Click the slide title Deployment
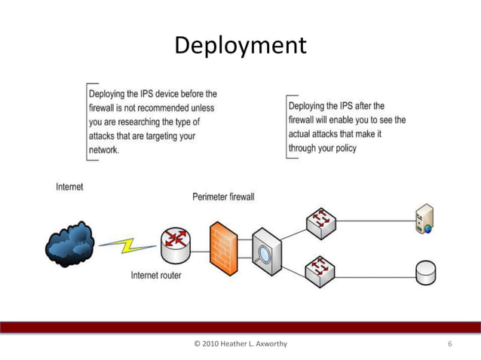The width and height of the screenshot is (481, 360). [x=240, y=46]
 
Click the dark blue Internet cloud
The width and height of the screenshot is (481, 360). [x=70, y=243]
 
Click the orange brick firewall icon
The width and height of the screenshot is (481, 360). [x=223, y=248]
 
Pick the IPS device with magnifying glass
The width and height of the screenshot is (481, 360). [x=266, y=249]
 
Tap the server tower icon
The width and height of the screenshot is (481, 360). [x=424, y=219]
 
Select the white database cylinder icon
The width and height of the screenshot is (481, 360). [x=425, y=272]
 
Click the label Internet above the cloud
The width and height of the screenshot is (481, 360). [x=70, y=186]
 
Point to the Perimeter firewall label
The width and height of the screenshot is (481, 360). [x=223, y=197]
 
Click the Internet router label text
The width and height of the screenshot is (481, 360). [x=156, y=276]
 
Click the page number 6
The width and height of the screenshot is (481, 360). [x=450, y=344]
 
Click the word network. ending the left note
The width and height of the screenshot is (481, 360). [x=104, y=150]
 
